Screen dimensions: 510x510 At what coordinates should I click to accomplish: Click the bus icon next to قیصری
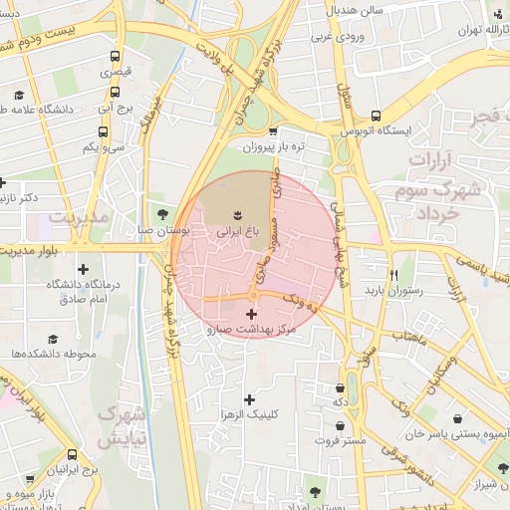click(116, 57)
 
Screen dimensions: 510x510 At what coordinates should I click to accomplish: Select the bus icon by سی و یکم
click(103, 131)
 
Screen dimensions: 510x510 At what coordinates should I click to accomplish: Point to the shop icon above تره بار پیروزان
click(271, 131)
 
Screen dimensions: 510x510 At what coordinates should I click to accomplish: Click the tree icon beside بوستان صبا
click(162, 213)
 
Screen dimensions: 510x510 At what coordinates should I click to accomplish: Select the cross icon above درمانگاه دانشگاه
click(82, 269)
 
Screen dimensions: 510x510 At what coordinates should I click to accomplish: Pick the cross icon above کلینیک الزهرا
click(250, 398)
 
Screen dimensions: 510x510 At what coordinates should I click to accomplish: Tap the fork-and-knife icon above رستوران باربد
click(393, 275)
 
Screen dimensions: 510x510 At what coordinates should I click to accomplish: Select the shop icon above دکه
click(341, 388)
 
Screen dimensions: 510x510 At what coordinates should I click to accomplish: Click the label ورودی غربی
click(334, 37)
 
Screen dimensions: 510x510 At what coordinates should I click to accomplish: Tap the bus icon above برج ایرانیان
click(72, 453)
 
